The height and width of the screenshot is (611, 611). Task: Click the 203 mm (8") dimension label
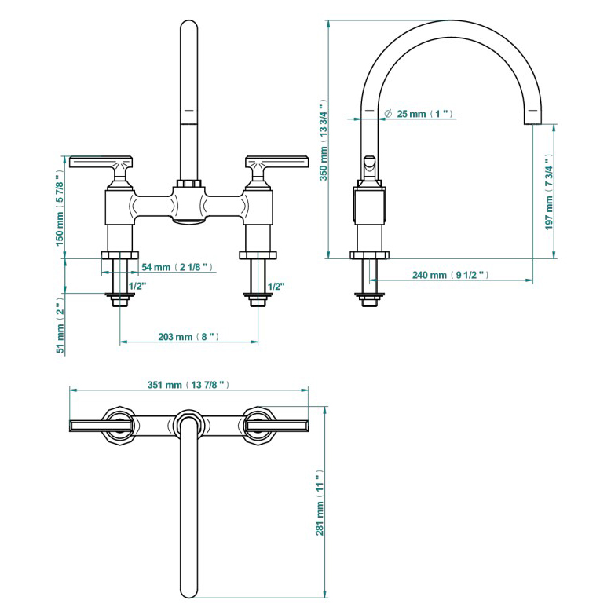click(188, 337)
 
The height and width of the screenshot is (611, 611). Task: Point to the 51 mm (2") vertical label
click(60, 327)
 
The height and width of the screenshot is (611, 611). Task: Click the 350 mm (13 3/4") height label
click(322, 140)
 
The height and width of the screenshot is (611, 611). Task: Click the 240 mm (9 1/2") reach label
click(451, 275)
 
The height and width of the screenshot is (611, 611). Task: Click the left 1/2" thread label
click(137, 286)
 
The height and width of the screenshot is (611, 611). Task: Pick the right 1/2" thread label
click(276, 286)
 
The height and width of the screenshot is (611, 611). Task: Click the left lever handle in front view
click(102, 163)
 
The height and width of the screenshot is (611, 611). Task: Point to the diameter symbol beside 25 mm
click(388, 114)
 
